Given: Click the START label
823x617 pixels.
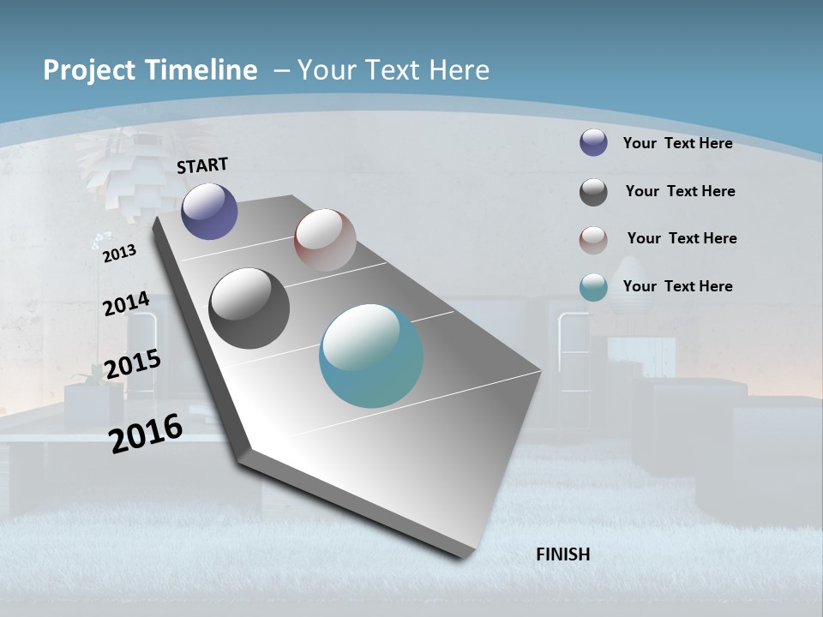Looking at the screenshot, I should pyautogui.click(x=202, y=165).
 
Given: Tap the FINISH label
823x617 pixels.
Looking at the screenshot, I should pyautogui.click(x=563, y=554).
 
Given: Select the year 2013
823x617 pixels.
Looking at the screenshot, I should pyautogui.click(x=119, y=253).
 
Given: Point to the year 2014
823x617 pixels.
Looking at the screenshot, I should pyautogui.click(x=126, y=304).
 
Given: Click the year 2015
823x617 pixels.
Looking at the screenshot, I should pyautogui.click(x=132, y=363).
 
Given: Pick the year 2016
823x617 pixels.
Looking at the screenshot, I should pyautogui.click(x=146, y=433).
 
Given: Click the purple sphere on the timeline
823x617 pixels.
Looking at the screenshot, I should pyautogui.click(x=209, y=211).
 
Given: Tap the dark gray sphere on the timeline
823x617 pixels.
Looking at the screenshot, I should pyautogui.click(x=249, y=308).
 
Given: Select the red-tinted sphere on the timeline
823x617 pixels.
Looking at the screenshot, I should pyautogui.click(x=325, y=239).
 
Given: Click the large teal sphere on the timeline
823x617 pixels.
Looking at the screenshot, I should pyautogui.click(x=371, y=356).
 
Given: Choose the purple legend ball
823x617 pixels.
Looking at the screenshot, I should pyautogui.click(x=593, y=142).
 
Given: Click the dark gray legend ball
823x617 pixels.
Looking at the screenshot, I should pyautogui.click(x=593, y=192).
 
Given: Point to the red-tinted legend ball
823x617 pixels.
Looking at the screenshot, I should pyautogui.click(x=593, y=240).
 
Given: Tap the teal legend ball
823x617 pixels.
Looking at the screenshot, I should pyautogui.click(x=593, y=287).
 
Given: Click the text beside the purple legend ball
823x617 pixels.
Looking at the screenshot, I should pyautogui.click(x=677, y=143).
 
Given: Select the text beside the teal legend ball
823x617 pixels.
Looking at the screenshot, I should pyautogui.click(x=677, y=286).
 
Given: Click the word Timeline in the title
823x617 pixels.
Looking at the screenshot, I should pyautogui.click(x=202, y=70).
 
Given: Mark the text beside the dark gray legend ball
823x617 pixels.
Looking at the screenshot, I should pyautogui.click(x=680, y=191).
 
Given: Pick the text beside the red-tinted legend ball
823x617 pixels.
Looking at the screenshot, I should pyautogui.click(x=682, y=238).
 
